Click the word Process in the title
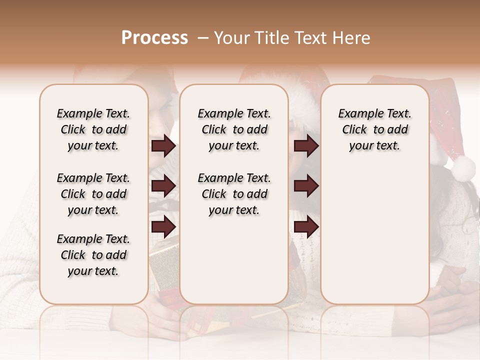click(154, 38)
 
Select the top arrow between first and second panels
click(163, 146)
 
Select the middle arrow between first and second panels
click(163, 186)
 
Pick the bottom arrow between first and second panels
click(163, 226)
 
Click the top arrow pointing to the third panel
click(306, 146)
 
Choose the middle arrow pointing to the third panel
click(306, 186)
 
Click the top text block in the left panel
click(93, 129)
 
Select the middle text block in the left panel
click(93, 194)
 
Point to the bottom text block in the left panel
click(93, 255)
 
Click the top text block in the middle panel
click(234, 129)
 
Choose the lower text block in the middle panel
click(234, 194)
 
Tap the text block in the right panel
click(374, 129)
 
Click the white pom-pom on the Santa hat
click(463, 167)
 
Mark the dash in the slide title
click(202, 38)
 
